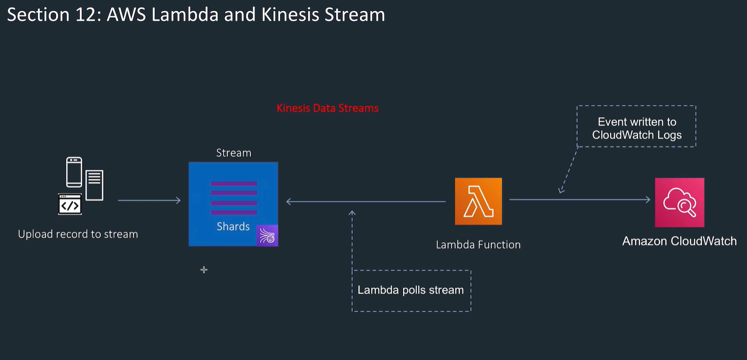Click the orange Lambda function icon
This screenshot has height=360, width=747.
(478, 201)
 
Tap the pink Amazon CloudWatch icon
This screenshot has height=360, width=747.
(679, 202)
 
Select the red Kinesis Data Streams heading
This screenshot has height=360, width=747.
(327, 108)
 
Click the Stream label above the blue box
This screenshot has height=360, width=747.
(233, 153)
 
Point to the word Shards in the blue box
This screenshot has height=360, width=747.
(233, 226)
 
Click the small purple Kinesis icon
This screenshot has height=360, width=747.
(267, 235)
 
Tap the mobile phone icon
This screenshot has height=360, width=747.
(74, 172)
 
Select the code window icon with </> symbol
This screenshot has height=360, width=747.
(70, 204)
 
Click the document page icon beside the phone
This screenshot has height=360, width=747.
(94, 184)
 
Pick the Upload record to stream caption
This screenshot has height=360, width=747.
(78, 234)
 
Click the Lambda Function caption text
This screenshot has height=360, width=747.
(478, 244)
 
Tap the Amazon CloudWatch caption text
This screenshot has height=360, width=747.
(679, 241)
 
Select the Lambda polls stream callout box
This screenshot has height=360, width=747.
(411, 290)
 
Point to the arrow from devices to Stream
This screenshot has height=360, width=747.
(149, 201)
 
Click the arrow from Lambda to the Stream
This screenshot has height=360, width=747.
(366, 201)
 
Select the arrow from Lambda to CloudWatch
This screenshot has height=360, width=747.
(580, 200)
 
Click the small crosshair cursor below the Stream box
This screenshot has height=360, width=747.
(204, 269)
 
